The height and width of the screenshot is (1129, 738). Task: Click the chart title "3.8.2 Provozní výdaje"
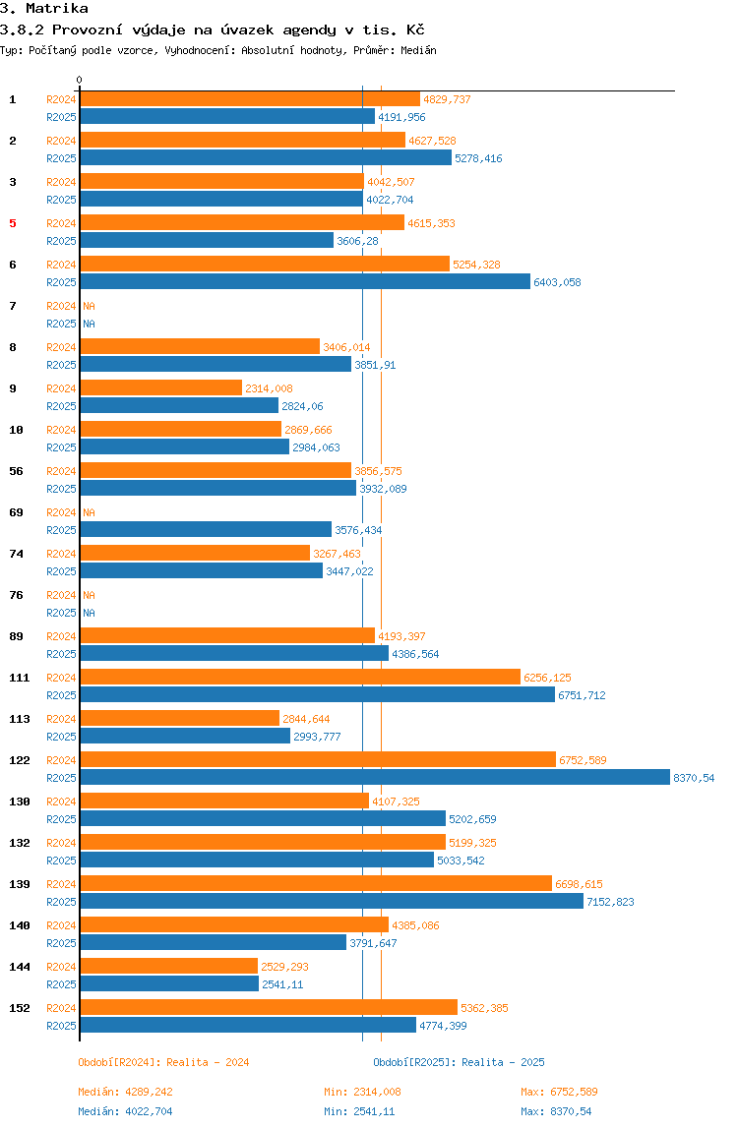(x=213, y=30)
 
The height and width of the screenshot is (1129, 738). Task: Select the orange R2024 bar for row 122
(x=318, y=759)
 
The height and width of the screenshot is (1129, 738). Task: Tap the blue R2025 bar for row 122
(x=375, y=777)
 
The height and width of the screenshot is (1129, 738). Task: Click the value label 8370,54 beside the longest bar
(x=694, y=778)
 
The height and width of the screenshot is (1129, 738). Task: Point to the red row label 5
(x=13, y=223)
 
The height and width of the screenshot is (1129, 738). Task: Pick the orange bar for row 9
(x=160, y=387)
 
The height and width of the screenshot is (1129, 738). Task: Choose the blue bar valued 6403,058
(x=305, y=281)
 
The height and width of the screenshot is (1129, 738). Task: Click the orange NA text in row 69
(x=89, y=512)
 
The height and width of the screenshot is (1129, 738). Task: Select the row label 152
(x=19, y=1008)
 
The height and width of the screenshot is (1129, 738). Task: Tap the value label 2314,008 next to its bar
(x=269, y=388)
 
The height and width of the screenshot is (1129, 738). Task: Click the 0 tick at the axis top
(x=80, y=80)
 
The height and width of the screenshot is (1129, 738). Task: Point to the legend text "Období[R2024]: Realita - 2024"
(x=163, y=1062)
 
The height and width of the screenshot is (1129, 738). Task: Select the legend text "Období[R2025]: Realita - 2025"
(x=459, y=1062)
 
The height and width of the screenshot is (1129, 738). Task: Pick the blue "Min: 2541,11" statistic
(x=359, y=1111)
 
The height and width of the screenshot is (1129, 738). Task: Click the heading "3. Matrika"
(x=44, y=9)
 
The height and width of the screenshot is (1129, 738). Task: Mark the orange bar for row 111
(x=300, y=677)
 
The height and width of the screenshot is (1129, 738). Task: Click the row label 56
(x=17, y=471)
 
